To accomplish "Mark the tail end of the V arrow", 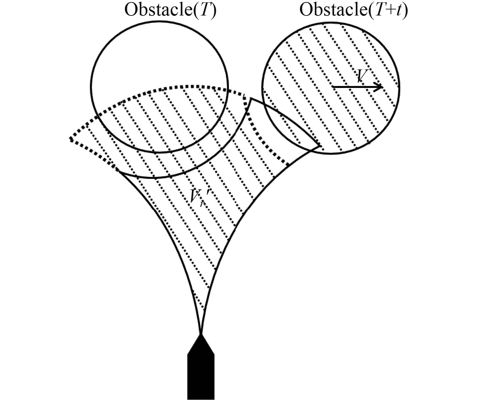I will (333, 87).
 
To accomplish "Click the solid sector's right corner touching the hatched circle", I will (320, 146).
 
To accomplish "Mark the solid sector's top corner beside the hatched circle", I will (251, 98).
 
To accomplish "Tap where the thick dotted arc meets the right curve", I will (290, 165).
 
